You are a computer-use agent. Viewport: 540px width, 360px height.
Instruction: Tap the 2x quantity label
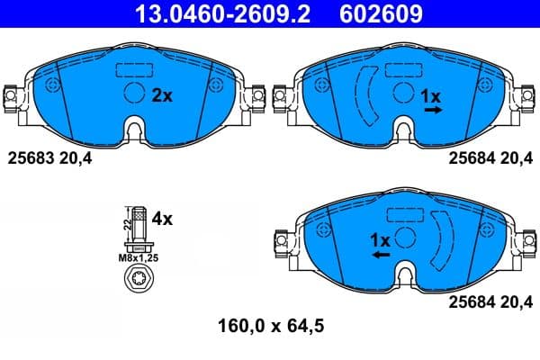[162, 95]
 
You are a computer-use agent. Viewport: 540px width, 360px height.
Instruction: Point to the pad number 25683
[31, 158]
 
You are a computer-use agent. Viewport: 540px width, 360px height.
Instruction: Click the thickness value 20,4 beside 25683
[77, 158]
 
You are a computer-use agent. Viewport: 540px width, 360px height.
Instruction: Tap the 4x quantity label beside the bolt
[162, 217]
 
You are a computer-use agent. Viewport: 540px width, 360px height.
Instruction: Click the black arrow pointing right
[434, 110]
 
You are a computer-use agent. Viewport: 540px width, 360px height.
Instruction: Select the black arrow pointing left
[380, 256]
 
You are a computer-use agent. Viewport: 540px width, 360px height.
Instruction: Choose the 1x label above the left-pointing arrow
[380, 240]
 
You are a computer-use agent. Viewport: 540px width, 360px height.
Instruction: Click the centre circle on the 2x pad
[133, 94]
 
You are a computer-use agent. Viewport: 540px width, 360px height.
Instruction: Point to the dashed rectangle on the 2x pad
[133, 70]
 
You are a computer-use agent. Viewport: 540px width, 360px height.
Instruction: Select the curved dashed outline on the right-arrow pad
[368, 94]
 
